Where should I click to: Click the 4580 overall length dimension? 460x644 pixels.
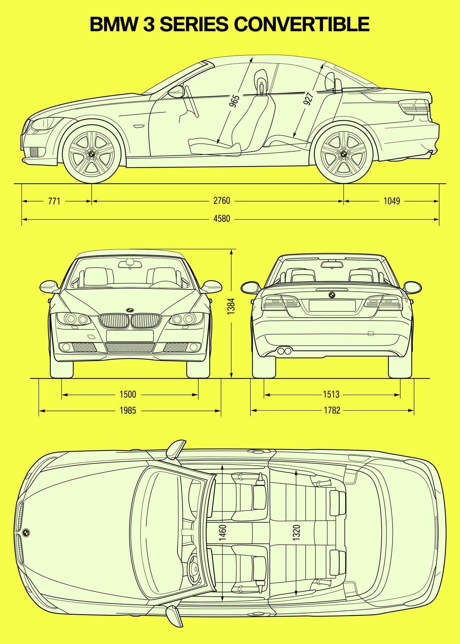click(x=222, y=219)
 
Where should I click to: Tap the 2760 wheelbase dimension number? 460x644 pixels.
click(x=222, y=201)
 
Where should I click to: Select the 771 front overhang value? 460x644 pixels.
click(x=54, y=201)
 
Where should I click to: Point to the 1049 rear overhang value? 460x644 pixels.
click(x=392, y=201)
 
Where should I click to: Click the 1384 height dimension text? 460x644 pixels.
click(x=231, y=306)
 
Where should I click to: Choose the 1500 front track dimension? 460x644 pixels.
click(x=128, y=394)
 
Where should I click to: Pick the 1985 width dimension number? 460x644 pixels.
click(x=128, y=410)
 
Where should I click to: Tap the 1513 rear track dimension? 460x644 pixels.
click(x=331, y=394)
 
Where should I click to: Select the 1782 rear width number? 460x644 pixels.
click(x=332, y=410)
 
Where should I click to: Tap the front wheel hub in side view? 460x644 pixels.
click(x=91, y=154)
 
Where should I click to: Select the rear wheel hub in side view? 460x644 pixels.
click(x=344, y=154)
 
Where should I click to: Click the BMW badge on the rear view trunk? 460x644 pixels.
click(x=331, y=295)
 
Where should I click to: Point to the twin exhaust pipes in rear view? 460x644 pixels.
click(x=285, y=351)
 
